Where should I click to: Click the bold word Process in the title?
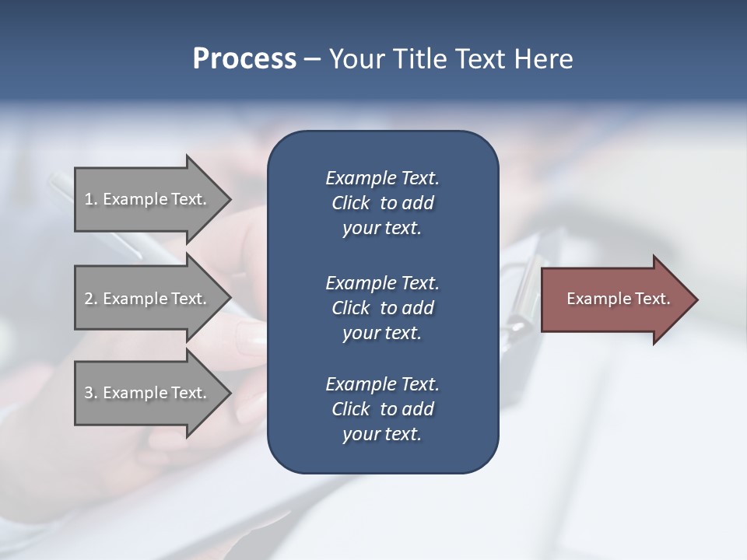(x=244, y=59)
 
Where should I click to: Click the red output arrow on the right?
(x=615, y=299)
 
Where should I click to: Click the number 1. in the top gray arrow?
(x=91, y=199)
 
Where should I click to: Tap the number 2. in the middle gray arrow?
(x=91, y=299)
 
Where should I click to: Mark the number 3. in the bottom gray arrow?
(x=91, y=393)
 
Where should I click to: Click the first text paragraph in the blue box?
(x=382, y=203)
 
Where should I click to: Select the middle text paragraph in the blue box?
(x=382, y=308)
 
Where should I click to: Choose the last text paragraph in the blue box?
(x=382, y=409)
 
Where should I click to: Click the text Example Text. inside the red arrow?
(x=618, y=299)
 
